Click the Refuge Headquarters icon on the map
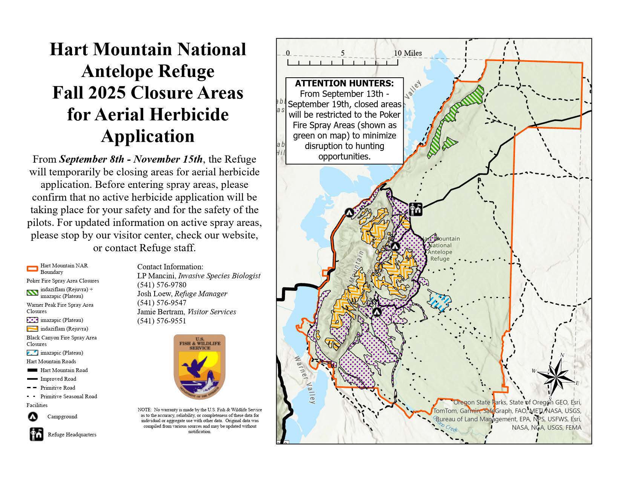point(415,209)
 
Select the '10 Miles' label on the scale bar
point(408,53)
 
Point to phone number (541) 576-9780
point(162,285)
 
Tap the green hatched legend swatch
point(32,293)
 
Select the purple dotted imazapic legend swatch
point(32,320)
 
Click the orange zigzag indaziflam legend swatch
point(32,329)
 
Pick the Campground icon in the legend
point(33,417)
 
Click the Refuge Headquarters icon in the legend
point(36,435)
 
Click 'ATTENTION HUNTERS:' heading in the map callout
point(344,83)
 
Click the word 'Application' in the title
point(148,136)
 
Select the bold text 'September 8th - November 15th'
point(131,159)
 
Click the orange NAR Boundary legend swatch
point(32,269)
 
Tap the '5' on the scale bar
point(343,53)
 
